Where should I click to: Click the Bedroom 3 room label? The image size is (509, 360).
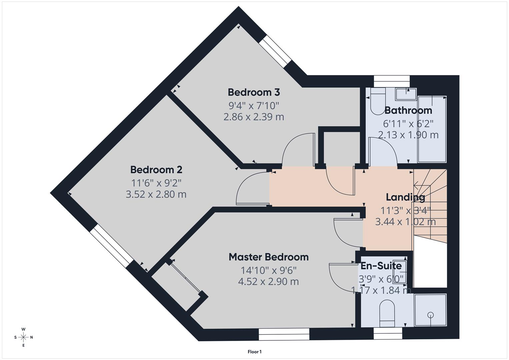tap(254, 92)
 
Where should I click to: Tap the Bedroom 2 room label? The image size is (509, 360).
tap(156, 170)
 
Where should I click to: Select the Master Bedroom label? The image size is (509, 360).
tap(268, 257)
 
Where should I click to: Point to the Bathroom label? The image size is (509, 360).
tap(408, 110)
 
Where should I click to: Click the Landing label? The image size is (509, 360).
tap(405, 197)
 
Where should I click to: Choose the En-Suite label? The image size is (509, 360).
tap(381, 266)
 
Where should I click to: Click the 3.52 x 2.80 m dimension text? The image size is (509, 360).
tap(156, 194)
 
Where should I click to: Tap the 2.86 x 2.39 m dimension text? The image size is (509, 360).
tap(254, 117)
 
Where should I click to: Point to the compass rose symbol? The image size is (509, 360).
tap(23, 337)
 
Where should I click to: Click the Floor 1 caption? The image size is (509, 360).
tap(255, 352)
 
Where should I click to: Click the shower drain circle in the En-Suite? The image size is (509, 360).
tap(430, 314)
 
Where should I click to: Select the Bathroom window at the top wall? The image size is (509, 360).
tap(391, 79)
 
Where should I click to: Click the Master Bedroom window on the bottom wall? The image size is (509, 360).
tap(284, 334)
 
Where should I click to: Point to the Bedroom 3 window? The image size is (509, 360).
tap(275, 52)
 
